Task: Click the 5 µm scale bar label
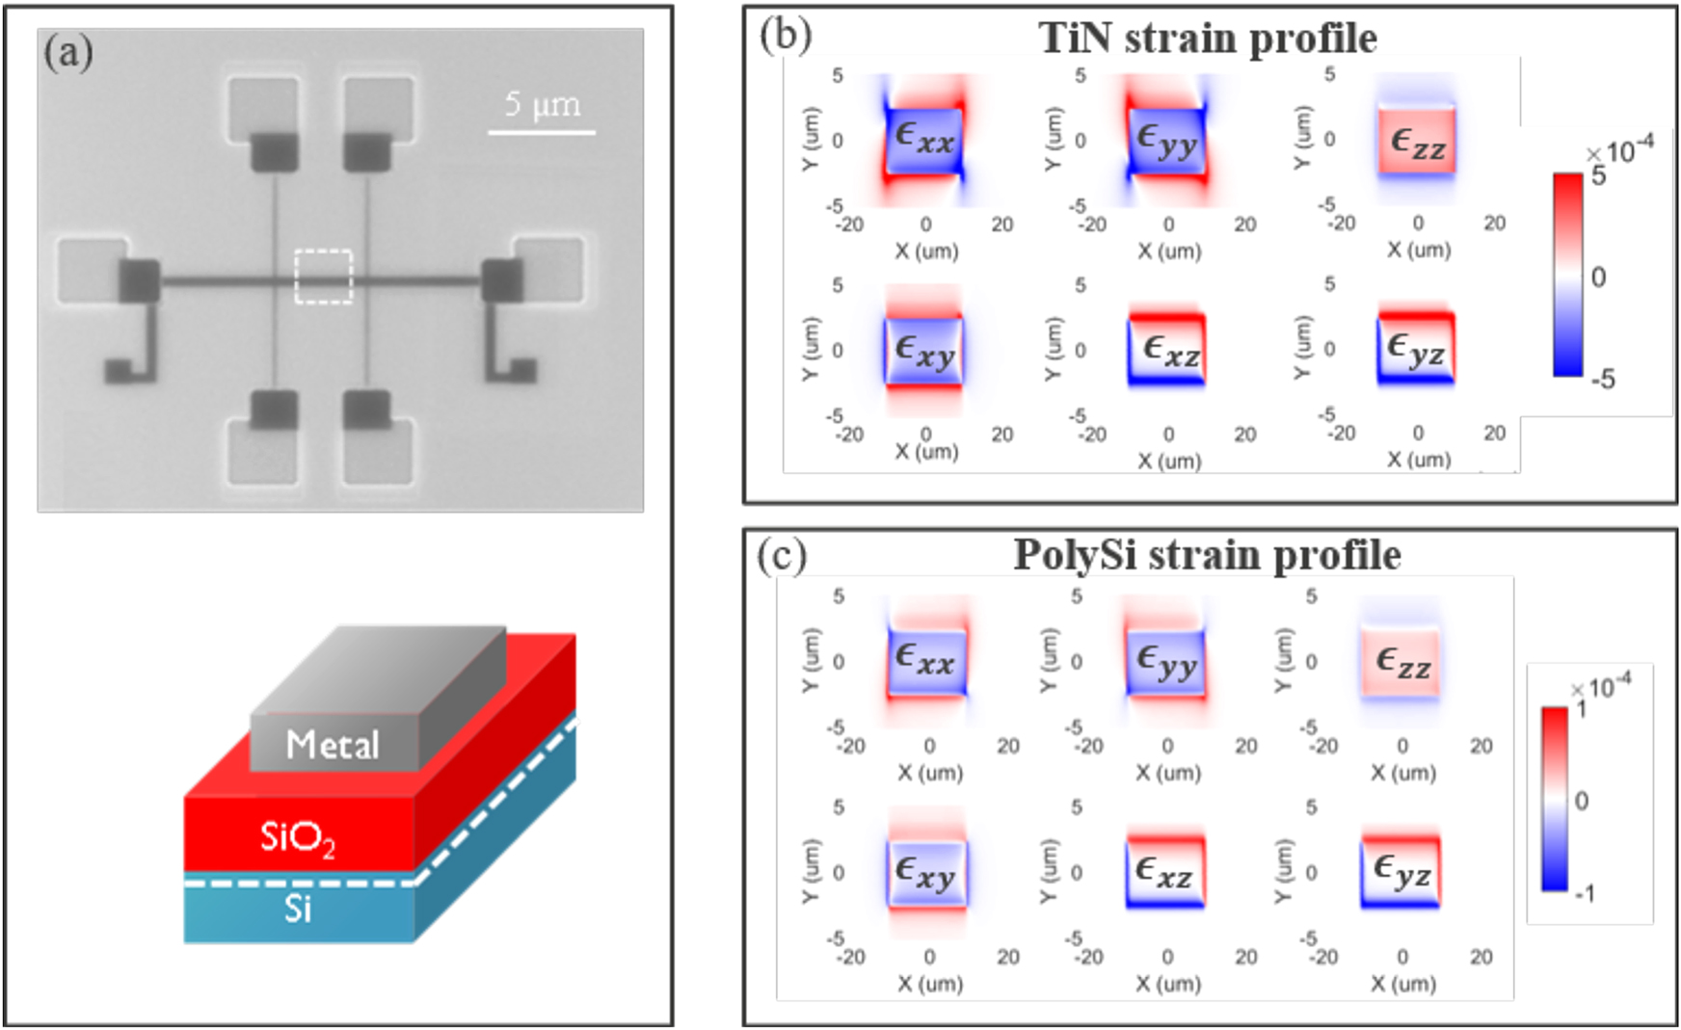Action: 542,104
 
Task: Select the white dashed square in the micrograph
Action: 323,277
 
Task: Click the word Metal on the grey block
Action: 333,745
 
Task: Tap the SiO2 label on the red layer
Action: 298,837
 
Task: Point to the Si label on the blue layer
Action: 298,909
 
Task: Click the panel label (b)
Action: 785,35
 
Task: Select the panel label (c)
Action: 782,556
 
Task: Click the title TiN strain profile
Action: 1207,39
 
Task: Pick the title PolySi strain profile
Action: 1207,556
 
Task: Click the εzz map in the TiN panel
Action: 1416,142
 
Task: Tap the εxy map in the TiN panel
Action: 923,351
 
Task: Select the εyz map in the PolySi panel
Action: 1401,871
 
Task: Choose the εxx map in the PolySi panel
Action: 925,661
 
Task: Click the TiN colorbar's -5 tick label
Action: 1602,380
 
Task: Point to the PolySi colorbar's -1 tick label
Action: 1584,894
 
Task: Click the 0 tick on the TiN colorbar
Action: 1598,277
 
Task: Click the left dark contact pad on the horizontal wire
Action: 140,280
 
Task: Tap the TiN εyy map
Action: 1166,142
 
